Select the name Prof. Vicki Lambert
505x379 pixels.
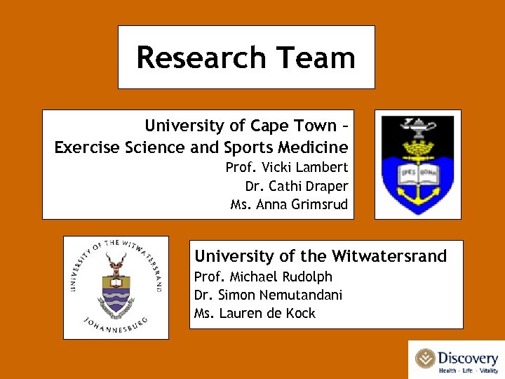[286, 167]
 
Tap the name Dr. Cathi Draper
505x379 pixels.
[296, 186]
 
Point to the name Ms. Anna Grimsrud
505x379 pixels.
[289, 205]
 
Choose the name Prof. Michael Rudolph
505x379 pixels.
[263, 276]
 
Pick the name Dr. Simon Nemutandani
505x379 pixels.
[268, 295]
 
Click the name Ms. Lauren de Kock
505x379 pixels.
[255, 313]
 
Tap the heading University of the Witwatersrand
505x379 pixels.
[321, 256]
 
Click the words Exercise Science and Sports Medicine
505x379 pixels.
[201, 147]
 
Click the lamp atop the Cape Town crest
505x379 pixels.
[417, 126]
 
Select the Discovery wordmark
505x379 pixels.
[468, 357]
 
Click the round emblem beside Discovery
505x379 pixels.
[425, 359]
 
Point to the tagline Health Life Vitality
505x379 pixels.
[468, 371]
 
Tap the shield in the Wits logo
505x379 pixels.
[116, 293]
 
